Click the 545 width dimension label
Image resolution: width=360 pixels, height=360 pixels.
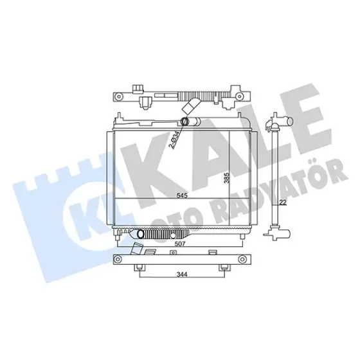coord(182,195)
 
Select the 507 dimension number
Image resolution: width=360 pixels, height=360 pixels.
coord(180,244)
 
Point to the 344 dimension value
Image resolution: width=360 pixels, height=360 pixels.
coord(182,274)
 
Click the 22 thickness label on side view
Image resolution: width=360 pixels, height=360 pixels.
coord(283,203)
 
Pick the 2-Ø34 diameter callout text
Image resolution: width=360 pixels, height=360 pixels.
coord(174,139)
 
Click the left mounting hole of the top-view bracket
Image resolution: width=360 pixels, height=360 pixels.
coord(118,96)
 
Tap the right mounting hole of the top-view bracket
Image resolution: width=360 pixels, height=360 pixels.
coord(240,96)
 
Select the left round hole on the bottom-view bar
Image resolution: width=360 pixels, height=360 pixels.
coord(118,260)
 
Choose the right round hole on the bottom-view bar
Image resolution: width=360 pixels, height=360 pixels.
coord(241,260)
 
